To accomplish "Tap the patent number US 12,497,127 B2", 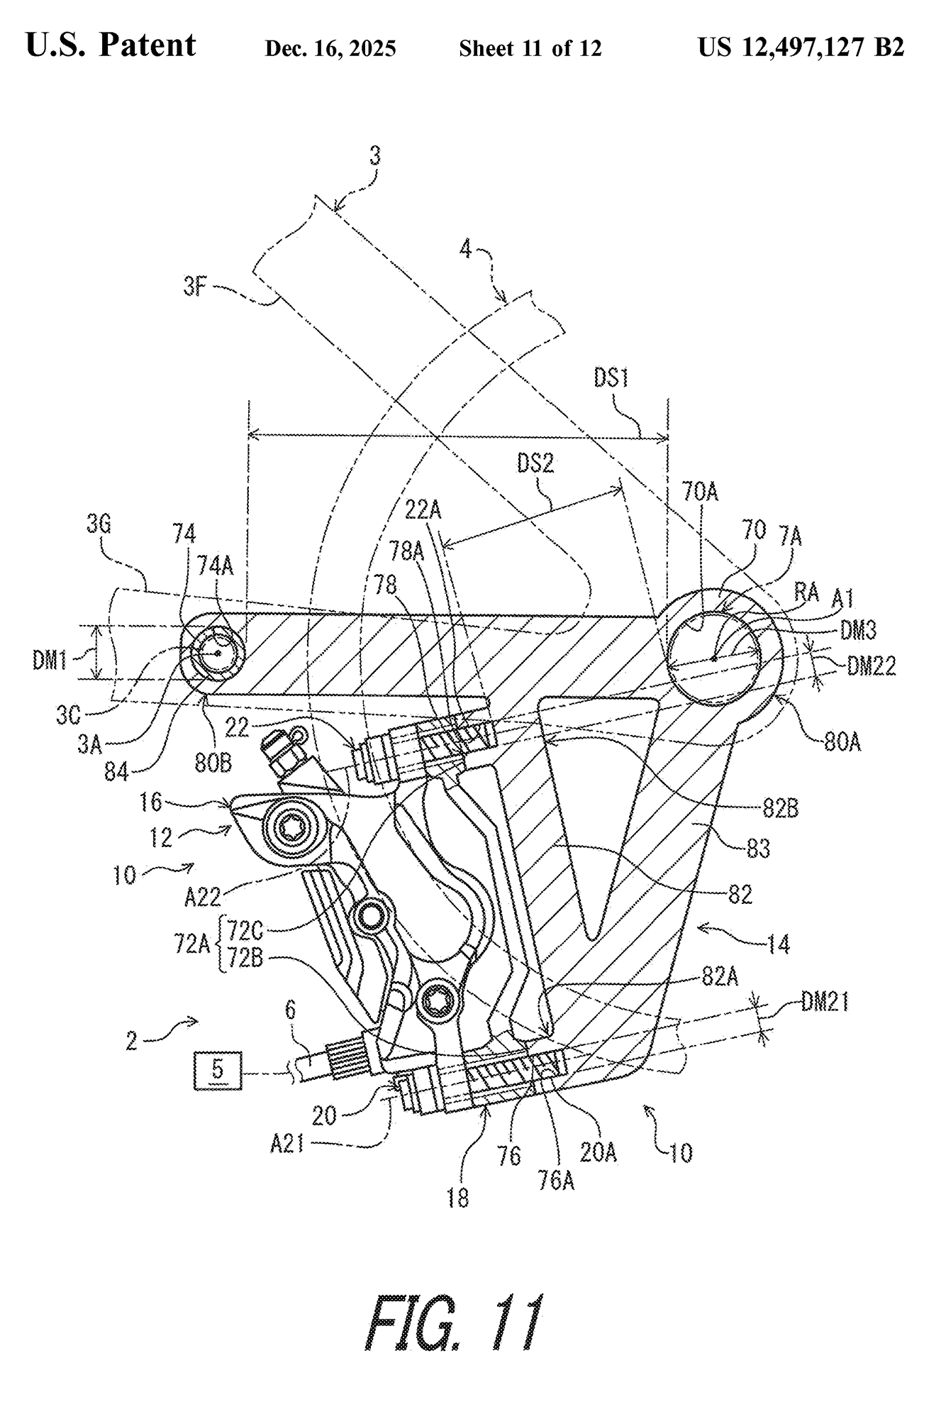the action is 801,47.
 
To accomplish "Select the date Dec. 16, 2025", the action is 330,48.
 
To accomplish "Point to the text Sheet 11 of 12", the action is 530,48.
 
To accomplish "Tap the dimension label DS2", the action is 535,463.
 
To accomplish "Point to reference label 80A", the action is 842,744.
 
